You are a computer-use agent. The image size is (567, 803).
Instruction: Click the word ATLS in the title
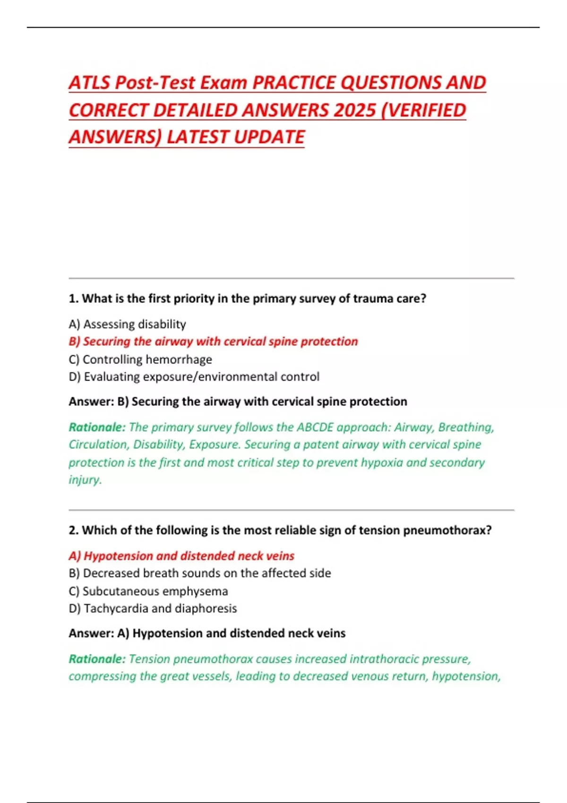click(x=90, y=83)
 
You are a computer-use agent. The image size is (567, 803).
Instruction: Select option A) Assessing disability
click(x=127, y=324)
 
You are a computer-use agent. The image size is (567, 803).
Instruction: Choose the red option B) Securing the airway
click(x=213, y=341)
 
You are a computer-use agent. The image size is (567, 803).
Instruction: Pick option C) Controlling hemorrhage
click(x=140, y=359)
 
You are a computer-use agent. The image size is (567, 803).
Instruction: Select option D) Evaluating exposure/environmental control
click(x=194, y=376)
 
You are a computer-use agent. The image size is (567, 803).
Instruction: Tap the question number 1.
click(x=73, y=299)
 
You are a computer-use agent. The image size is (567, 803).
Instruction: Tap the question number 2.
click(x=73, y=530)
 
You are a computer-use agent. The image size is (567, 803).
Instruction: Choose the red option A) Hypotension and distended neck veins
click(x=181, y=555)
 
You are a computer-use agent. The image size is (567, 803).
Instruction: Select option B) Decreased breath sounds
click(x=199, y=573)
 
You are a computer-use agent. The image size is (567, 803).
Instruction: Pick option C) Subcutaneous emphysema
click(x=148, y=591)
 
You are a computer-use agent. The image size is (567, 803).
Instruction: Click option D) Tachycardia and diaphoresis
click(x=153, y=608)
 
